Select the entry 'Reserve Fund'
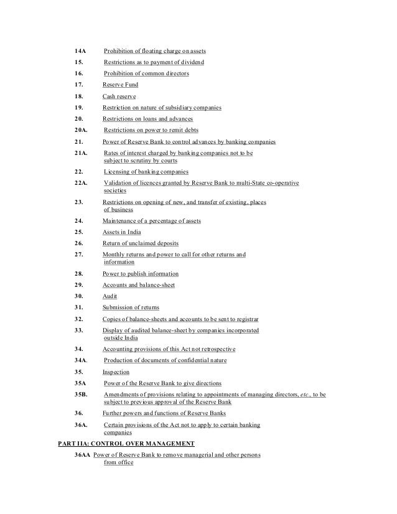[120, 85]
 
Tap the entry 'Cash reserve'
[119, 96]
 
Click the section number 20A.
[82, 131]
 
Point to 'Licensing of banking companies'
[146, 172]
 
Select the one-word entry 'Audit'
[110, 296]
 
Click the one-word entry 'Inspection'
[116, 371]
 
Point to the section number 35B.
[81, 395]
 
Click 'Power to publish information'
[141, 274]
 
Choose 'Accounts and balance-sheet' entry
[139, 285]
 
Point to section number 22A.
[82, 184]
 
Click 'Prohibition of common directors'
[146, 73]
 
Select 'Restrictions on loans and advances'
[147, 119]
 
